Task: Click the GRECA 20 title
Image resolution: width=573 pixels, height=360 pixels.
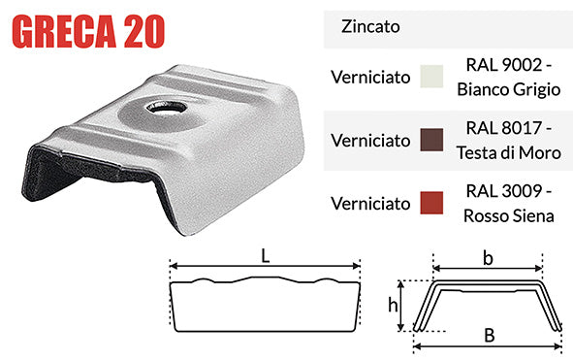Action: (x=85, y=30)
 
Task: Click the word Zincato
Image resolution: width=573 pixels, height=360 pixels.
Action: (x=368, y=29)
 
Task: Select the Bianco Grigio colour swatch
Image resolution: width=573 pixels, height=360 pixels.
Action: (x=430, y=77)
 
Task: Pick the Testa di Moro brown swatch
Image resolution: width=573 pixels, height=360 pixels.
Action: (x=430, y=141)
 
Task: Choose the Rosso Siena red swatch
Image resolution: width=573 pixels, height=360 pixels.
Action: (x=430, y=203)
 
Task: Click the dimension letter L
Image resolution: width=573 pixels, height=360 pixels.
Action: (x=264, y=255)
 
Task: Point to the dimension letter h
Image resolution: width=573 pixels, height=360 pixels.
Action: (x=393, y=306)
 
